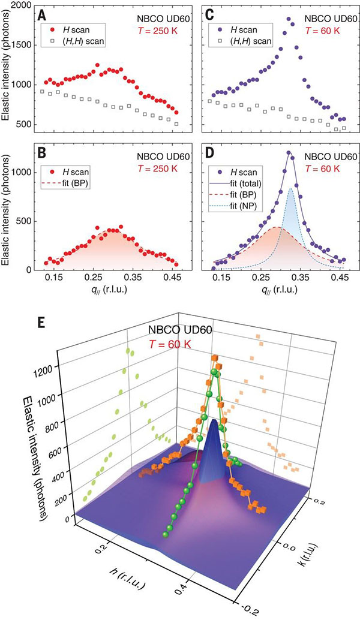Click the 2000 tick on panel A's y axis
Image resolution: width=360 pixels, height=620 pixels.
22,5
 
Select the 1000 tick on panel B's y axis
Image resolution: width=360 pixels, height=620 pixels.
22,172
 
